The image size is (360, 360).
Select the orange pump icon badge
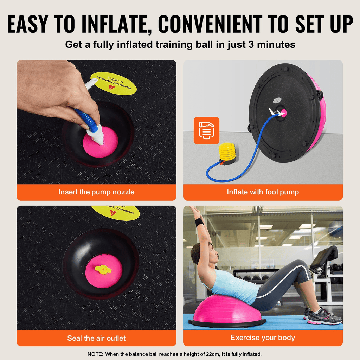coord(206,130)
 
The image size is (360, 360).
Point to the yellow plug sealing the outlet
coord(103,270)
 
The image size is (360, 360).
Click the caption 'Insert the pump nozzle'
coord(96,192)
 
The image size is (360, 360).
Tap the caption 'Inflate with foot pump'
coord(263,192)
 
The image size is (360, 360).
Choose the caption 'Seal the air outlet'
coord(96,338)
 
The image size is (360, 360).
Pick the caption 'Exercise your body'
coord(263,338)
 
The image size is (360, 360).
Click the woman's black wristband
coord(199,223)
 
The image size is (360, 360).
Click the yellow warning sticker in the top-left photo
coord(113,84)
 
